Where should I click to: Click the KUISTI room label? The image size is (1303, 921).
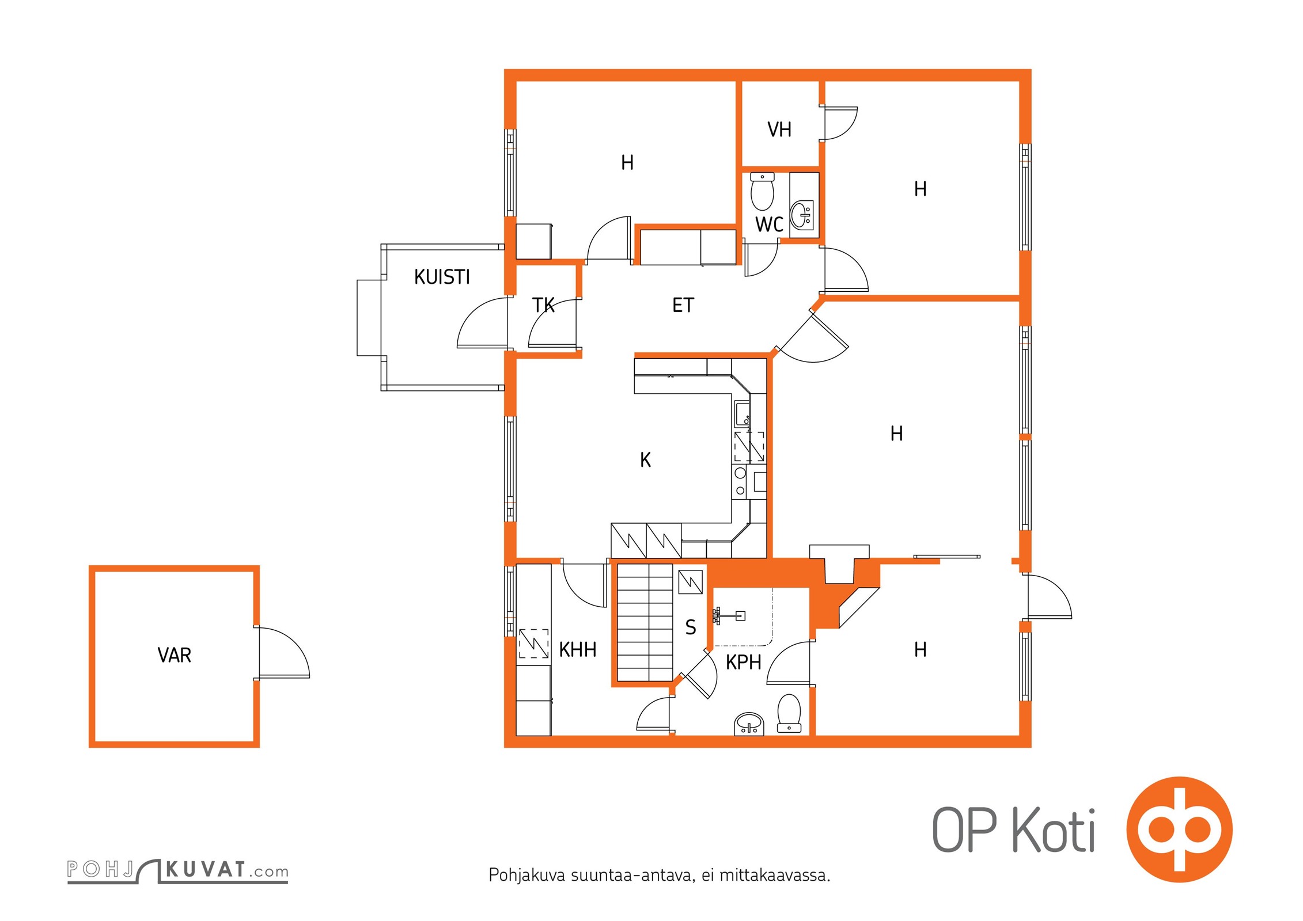point(442,277)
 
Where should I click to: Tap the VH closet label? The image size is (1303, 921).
point(779,130)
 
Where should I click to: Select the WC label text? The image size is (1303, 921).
point(769,224)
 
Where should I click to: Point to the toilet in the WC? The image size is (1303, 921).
point(763,192)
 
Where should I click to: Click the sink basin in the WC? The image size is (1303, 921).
point(801,215)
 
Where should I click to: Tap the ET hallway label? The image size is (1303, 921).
point(683,305)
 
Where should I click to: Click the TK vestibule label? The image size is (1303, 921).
point(543,305)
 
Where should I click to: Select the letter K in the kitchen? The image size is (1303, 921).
point(645,460)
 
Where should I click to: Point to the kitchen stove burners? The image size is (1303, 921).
point(740,482)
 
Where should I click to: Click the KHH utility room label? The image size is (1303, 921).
point(577,650)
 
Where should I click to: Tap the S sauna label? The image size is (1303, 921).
point(691,627)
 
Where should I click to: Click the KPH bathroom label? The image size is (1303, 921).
point(743,663)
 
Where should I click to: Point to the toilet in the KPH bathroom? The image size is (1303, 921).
point(789,713)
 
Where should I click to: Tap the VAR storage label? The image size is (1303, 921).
point(174,655)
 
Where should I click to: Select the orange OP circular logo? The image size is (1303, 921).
point(1179,829)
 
